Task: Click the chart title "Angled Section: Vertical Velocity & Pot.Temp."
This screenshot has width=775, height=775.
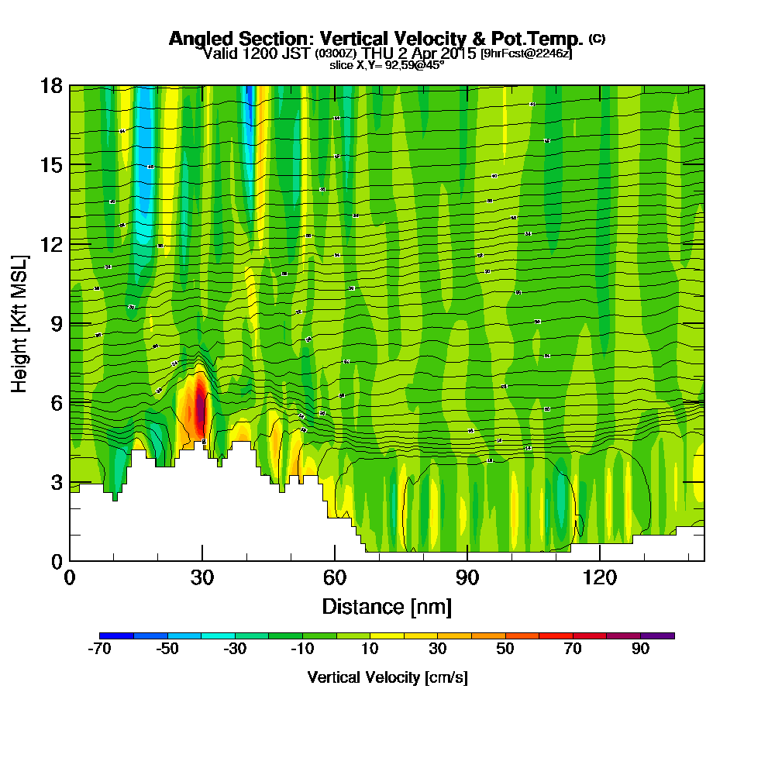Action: (376, 39)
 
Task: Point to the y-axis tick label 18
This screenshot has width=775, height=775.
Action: (51, 85)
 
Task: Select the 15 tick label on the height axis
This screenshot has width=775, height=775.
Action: (51, 165)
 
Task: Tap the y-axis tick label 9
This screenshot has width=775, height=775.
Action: (57, 323)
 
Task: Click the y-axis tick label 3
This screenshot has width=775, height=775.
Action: (57, 482)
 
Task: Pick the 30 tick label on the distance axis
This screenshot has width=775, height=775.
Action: (202, 577)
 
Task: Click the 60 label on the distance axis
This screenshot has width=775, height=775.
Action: (335, 577)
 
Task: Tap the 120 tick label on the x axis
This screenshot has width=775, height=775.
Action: (599, 577)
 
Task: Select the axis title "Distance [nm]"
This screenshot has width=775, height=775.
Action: (387, 605)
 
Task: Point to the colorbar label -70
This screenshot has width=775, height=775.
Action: (100, 649)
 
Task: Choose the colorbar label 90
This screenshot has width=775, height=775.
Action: (640, 649)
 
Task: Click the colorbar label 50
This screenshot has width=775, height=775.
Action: (505, 649)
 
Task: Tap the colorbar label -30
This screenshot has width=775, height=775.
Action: (235, 649)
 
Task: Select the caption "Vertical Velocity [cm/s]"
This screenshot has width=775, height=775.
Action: (387, 677)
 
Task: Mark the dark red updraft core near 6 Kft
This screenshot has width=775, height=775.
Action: (200, 407)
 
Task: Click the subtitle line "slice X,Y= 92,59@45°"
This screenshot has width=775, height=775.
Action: (387, 66)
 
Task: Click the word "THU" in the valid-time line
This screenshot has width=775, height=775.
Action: (377, 53)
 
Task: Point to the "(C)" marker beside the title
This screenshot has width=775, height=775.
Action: (597, 38)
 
